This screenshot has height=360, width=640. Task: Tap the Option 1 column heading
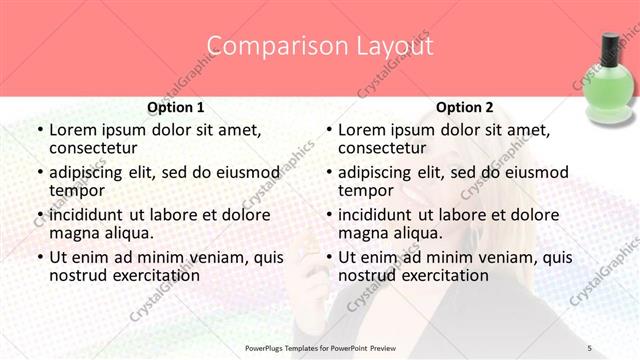tap(176, 107)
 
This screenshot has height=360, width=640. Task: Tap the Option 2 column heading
tap(464, 107)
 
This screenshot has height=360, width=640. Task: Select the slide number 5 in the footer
tap(590, 347)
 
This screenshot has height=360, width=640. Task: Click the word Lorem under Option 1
tap(73, 129)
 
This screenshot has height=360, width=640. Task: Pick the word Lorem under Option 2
tap(362, 129)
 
